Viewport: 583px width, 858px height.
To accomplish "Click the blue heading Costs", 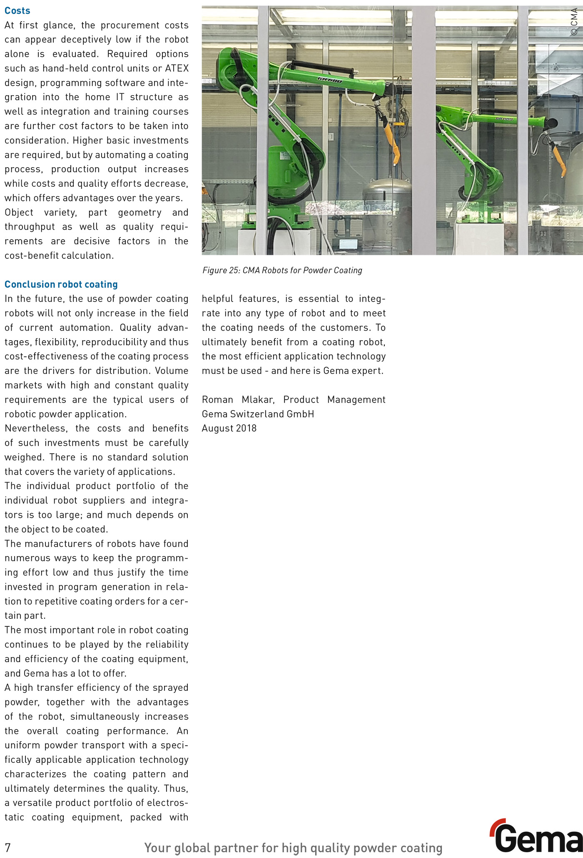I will pos(17,10).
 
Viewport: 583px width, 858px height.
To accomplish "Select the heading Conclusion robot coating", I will pos(61,284).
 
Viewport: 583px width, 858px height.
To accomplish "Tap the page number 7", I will pos(8,847).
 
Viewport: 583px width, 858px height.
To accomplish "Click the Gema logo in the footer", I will pos(537,836).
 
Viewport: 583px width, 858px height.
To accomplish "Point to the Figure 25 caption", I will pos(282,270).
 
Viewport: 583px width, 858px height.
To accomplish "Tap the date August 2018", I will pos(229,428).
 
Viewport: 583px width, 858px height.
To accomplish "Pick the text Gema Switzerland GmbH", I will pos(258,414).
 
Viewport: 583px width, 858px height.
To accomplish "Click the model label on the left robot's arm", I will pos(329,79).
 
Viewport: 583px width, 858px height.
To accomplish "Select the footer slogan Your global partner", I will pos(293,848).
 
